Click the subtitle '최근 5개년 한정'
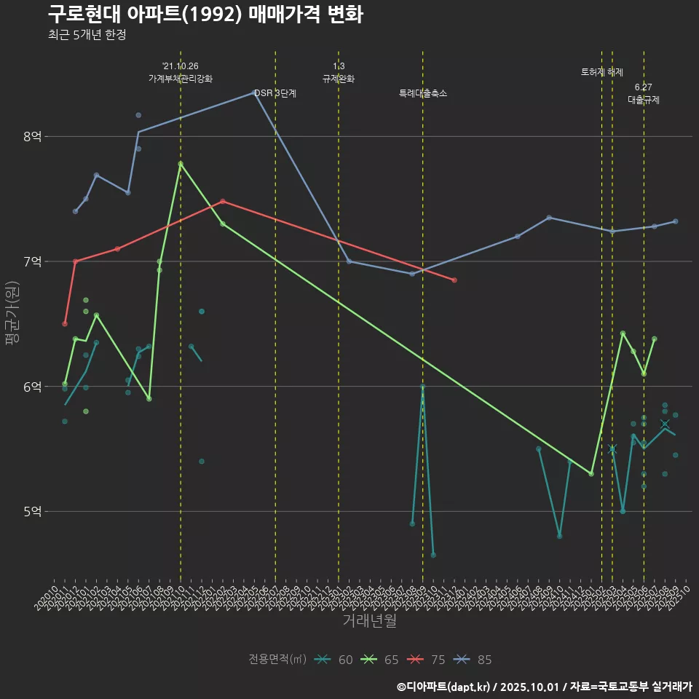pyautogui.click(x=87, y=35)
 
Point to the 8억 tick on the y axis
pyautogui.click(x=33, y=136)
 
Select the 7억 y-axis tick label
pyautogui.click(x=33, y=261)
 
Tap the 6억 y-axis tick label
pyautogui.click(x=33, y=387)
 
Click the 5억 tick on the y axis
pyautogui.click(x=33, y=512)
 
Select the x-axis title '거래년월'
pyautogui.click(x=369, y=621)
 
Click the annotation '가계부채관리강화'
pyautogui.click(x=181, y=79)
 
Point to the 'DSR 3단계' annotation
pyautogui.click(x=275, y=93)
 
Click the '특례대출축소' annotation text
pyautogui.click(x=423, y=93)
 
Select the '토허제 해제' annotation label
pyautogui.click(x=601, y=72)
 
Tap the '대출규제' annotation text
pyautogui.click(x=644, y=100)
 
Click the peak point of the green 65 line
pyautogui.click(x=181, y=164)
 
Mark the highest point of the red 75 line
pyautogui.click(x=223, y=201)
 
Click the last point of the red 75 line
pyautogui.click(x=454, y=280)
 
